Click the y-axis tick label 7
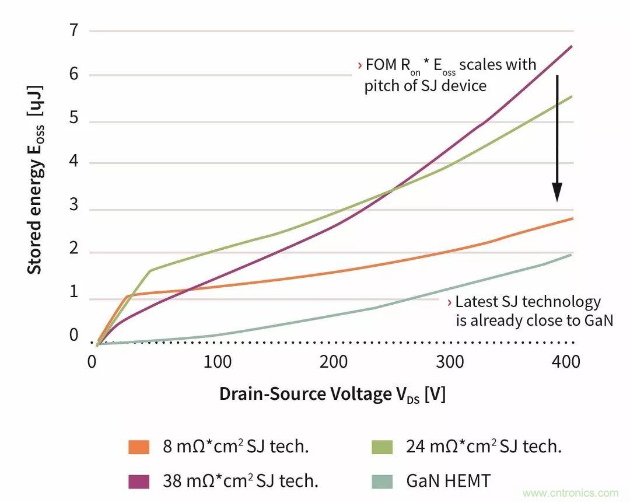click(x=74, y=30)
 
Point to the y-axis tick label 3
click(x=74, y=209)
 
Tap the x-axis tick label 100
click(x=217, y=362)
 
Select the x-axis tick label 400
click(x=565, y=362)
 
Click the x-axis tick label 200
click(x=334, y=362)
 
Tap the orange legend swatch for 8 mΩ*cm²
click(x=139, y=448)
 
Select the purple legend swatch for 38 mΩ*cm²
click(x=139, y=482)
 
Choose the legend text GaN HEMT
click(x=448, y=481)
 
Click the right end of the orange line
click(x=573, y=218)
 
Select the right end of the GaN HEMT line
click(x=571, y=255)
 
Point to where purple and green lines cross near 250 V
click(x=391, y=190)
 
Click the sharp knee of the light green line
click(x=150, y=270)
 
